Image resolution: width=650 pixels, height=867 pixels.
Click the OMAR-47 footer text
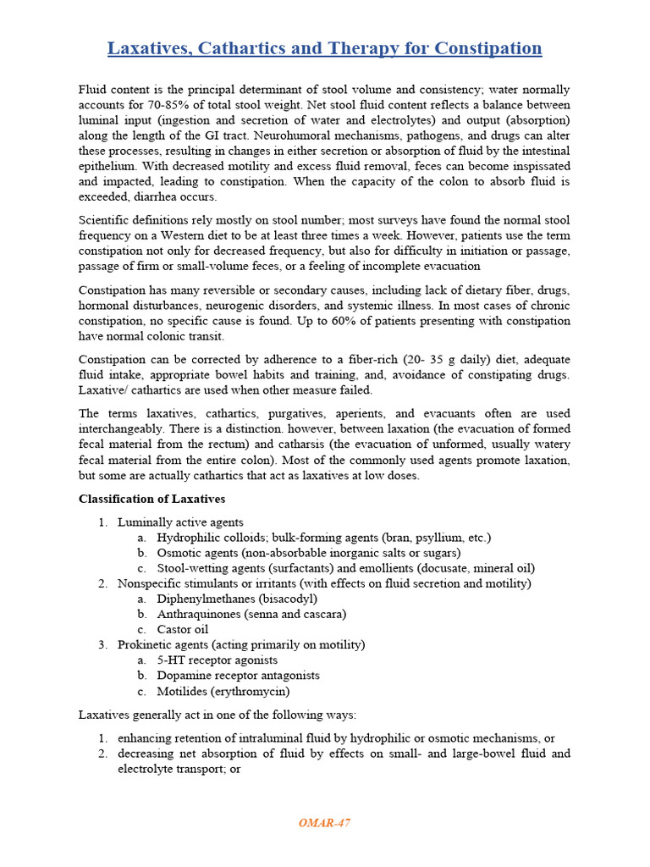(324, 823)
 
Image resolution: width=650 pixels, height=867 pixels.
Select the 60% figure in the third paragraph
(372, 321)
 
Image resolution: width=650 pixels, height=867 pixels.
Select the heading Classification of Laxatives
(151, 499)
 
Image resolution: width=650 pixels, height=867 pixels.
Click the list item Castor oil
(182, 629)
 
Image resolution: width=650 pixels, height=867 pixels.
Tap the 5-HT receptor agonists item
(217, 660)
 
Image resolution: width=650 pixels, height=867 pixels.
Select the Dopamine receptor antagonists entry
(238, 675)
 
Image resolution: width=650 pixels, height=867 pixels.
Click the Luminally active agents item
(180, 522)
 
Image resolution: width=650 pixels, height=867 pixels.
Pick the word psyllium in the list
(433, 538)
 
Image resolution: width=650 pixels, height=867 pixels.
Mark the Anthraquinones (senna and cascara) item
(251, 614)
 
